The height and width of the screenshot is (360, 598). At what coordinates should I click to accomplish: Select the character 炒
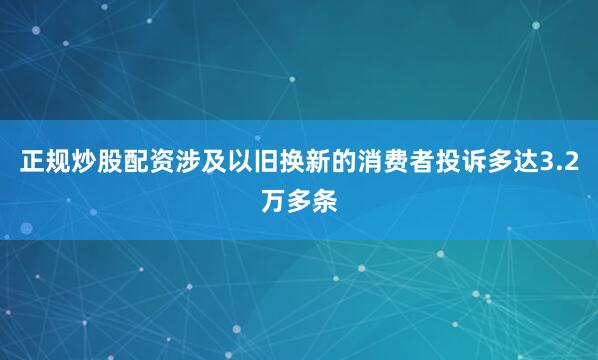coord(83,164)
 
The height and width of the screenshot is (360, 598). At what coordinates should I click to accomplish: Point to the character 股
coord(110,164)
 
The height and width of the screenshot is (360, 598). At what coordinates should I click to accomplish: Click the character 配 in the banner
coord(137,164)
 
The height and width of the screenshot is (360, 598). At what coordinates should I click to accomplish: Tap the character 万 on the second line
coord(272,202)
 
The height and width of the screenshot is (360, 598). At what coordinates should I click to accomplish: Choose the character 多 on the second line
coord(299,202)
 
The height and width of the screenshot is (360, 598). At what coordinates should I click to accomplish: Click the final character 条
coord(326,202)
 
